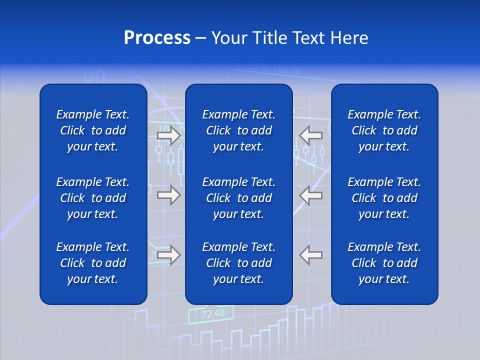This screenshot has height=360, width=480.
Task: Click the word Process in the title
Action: pyautogui.click(x=157, y=38)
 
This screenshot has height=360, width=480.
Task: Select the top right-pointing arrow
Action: pyautogui.click(x=168, y=135)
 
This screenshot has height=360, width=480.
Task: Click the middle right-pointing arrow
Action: pyautogui.click(x=168, y=195)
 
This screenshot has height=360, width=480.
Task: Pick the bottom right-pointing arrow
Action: pyautogui.click(x=168, y=255)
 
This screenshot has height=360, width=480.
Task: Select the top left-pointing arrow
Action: pyautogui.click(x=311, y=135)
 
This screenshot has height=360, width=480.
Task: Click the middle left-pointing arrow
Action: pyautogui.click(x=311, y=195)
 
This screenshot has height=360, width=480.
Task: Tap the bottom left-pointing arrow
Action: pyautogui.click(x=311, y=255)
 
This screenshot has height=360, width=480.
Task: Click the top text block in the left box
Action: pyautogui.click(x=93, y=130)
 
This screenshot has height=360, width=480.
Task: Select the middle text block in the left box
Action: pyautogui.click(x=93, y=198)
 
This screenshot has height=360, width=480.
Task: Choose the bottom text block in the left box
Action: pyautogui.click(x=93, y=263)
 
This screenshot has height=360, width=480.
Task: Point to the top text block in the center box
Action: pyautogui.click(x=238, y=130)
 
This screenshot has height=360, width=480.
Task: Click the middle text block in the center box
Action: pyautogui.click(x=238, y=198)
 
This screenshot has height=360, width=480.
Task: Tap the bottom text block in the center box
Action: pyautogui.click(x=238, y=263)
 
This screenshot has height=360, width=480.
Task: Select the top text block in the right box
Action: pyautogui.click(x=384, y=130)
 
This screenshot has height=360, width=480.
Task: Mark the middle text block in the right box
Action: pyautogui.click(x=384, y=198)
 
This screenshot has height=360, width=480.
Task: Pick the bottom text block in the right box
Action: pyautogui.click(x=384, y=263)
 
